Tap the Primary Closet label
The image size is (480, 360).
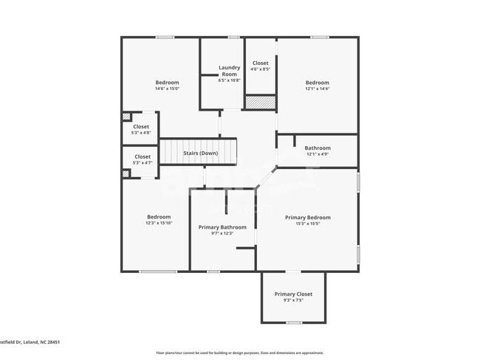(x=293, y=294)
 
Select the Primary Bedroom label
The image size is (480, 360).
(x=308, y=218)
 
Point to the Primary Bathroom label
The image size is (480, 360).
(x=222, y=227)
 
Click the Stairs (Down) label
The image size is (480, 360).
(x=201, y=153)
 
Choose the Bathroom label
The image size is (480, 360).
(x=318, y=148)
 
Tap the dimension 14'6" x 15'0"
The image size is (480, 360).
(x=167, y=89)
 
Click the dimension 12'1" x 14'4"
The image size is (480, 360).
(x=318, y=89)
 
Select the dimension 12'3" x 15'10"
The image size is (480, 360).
(x=159, y=223)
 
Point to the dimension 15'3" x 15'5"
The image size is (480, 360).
(x=308, y=224)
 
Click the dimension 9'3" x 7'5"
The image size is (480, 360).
(x=293, y=300)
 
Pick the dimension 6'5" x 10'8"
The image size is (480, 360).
(x=229, y=80)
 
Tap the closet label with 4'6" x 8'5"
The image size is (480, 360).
(x=261, y=63)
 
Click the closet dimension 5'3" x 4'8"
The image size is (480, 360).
(x=141, y=133)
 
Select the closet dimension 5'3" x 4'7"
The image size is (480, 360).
(x=143, y=162)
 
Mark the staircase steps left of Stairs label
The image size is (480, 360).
(x=171, y=153)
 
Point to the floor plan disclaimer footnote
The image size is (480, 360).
(x=240, y=353)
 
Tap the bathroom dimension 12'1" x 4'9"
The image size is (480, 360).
(x=318, y=154)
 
